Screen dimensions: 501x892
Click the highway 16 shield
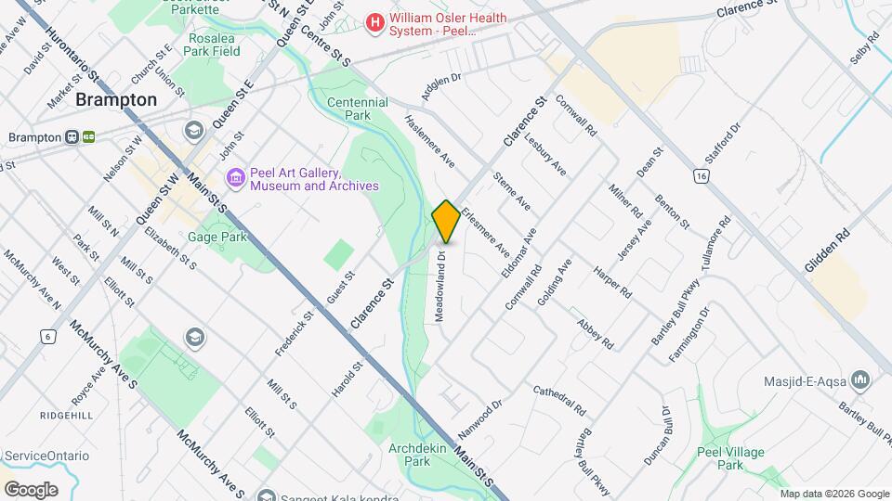tap(702, 175)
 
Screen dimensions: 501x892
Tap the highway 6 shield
tap(46, 336)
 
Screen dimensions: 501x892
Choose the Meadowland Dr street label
tap(442, 286)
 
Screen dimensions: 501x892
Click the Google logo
tap(31, 489)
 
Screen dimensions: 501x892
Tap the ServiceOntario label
tap(46, 456)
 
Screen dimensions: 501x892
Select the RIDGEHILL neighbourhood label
tap(65, 416)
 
